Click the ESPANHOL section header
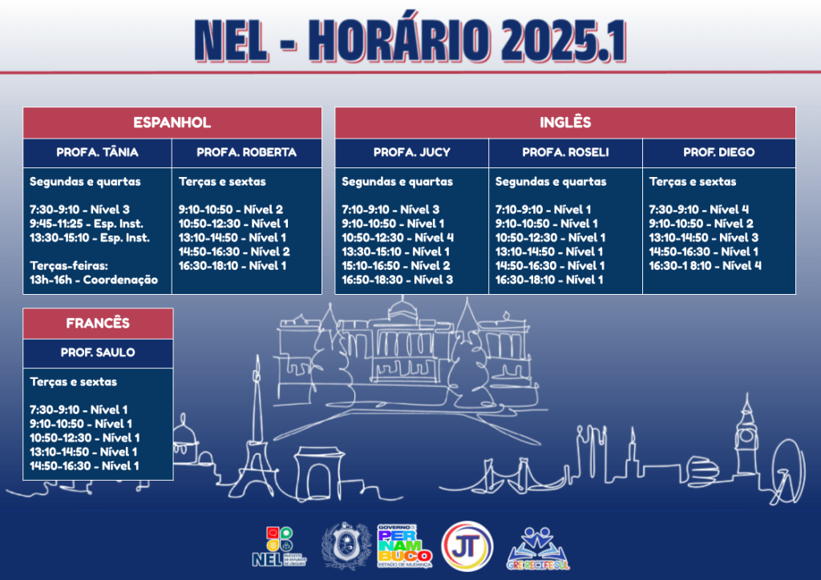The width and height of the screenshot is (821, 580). [172, 123]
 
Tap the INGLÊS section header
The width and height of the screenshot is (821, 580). [565, 123]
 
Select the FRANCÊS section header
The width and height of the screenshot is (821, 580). [98, 323]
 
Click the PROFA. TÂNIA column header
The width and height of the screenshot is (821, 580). [97, 152]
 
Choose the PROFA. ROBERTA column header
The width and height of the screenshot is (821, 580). [247, 152]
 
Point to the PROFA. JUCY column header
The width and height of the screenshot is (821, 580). [411, 152]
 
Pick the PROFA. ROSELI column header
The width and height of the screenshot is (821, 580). [565, 152]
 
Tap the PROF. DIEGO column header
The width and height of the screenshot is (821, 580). [719, 152]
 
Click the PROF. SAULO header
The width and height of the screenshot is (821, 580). [98, 352]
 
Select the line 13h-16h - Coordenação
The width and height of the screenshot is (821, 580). [94, 280]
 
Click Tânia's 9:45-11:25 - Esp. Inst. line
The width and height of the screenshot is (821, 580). [87, 224]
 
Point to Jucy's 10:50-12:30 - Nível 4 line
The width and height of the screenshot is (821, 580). [398, 237]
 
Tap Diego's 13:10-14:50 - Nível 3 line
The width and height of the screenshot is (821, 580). [704, 237]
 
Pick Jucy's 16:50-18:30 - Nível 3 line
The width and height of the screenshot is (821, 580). [398, 280]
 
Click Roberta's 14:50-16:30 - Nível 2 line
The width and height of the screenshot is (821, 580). [234, 252]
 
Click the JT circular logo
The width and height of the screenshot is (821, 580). [467, 546]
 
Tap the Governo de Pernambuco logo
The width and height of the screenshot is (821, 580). [405, 546]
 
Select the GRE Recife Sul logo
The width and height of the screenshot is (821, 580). [538, 549]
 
